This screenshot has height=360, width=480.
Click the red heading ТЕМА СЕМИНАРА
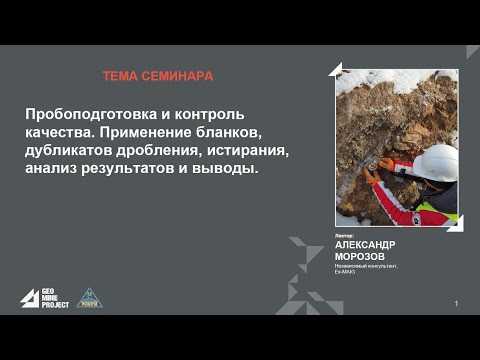(x=158, y=76)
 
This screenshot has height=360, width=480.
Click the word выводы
(x=225, y=169)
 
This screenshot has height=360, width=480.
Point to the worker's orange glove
(x=386, y=164)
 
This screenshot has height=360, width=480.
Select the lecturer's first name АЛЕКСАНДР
(x=365, y=245)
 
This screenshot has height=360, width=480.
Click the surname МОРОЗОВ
(x=357, y=256)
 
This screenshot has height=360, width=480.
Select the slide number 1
(x=456, y=303)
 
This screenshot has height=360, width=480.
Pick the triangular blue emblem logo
(x=89, y=297)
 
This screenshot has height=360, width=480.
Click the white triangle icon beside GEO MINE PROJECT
(x=29, y=298)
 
